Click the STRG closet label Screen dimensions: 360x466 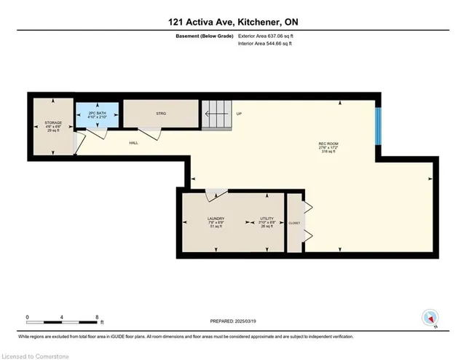(161, 113)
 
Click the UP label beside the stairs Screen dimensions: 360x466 (239, 114)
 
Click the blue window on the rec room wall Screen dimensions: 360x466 (377, 126)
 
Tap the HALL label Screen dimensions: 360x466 (133, 142)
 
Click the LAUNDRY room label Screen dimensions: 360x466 (215, 219)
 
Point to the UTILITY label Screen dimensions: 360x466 (267, 219)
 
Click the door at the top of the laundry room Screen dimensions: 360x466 (215, 195)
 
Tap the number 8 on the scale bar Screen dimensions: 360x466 (97, 317)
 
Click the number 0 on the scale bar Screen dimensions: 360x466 (27, 317)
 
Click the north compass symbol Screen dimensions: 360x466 (430, 318)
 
